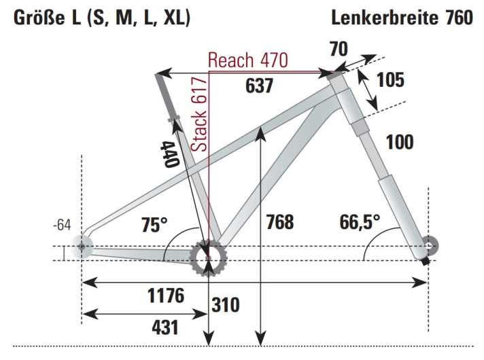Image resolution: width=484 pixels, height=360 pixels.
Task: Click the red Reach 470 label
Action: click(248, 59)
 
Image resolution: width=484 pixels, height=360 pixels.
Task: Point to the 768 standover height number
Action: click(281, 222)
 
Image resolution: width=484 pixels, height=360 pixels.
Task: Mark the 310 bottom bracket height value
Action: click(225, 305)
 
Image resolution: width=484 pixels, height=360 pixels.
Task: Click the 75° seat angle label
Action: click(154, 224)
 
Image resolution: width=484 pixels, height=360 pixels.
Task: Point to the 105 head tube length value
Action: click(390, 79)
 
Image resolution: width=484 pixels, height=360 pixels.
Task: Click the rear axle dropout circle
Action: click(82, 246)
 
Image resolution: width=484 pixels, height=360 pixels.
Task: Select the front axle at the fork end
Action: click(428, 245)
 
